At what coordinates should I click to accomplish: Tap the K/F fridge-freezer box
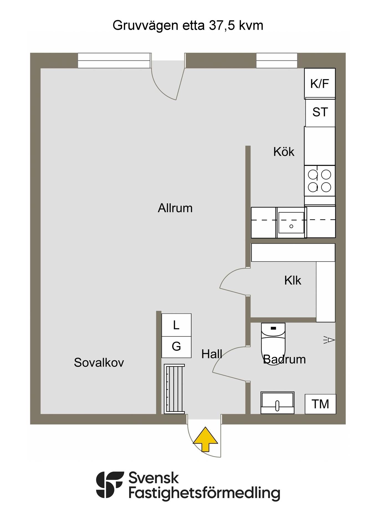(320, 84)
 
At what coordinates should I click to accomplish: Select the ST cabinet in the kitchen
(320, 113)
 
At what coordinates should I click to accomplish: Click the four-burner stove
(320, 181)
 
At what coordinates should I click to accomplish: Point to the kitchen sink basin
(291, 223)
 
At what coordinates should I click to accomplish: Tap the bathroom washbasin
(277, 403)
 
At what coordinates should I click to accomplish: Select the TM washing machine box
(320, 404)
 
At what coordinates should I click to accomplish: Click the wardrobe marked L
(176, 325)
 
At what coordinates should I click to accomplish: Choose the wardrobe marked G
(176, 347)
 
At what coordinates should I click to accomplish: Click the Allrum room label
(175, 208)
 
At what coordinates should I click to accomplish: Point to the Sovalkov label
(99, 362)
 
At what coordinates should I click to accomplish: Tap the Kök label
(284, 152)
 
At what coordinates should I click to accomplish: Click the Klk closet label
(293, 280)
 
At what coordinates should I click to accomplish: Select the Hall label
(212, 354)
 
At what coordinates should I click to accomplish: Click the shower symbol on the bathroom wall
(329, 340)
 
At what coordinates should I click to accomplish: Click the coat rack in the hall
(174, 389)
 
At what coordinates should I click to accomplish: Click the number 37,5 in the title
(221, 25)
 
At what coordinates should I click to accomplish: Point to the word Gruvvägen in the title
(145, 26)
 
